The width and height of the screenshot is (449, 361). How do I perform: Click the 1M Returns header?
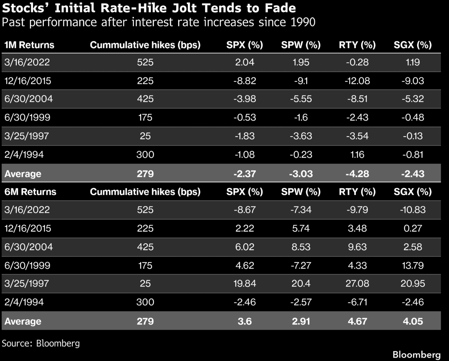click(x=29, y=45)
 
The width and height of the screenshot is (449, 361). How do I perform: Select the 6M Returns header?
click(x=30, y=192)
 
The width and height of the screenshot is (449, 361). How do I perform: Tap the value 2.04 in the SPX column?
click(x=245, y=62)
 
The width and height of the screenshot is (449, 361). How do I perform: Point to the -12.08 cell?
click(x=357, y=81)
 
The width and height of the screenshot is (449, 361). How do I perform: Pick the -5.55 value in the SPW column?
click(x=301, y=99)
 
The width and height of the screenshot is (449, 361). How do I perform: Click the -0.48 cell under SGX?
click(x=413, y=117)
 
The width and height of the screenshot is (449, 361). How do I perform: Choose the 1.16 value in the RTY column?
click(x=357, y=154)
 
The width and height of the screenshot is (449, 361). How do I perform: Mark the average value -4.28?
click(x=357, y=174)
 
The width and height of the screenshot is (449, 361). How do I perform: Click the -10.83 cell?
click(x=413, y=209)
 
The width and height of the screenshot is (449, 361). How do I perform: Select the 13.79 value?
click(x=413, y=265)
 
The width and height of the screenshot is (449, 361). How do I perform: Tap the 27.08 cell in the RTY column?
click(x=357, y=283)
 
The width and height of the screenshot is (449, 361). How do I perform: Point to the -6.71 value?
click(x=357, y=302)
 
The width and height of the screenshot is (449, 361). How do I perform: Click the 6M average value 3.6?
click(x=245, y=321)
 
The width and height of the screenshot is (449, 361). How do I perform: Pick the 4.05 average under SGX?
click(x=413, y=321)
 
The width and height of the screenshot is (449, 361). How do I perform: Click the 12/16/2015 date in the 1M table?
click(x=28, y=81)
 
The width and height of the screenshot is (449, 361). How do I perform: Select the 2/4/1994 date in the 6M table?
click(x=24, y=302)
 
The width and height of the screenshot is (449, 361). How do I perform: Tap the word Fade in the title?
click(x=280, y=8)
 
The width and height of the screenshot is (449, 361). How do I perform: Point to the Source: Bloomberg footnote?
click(x=41, y=343)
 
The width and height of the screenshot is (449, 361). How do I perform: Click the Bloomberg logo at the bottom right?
click(x=416, y=355)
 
